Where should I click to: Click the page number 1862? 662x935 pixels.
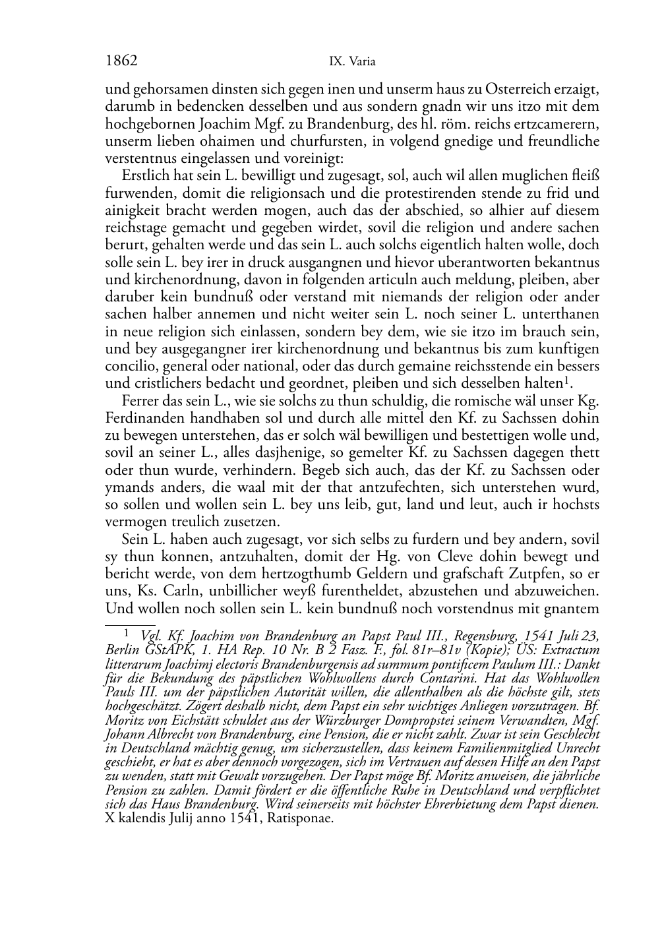[x=121, y=61]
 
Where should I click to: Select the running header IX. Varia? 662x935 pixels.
[x=352, y=62]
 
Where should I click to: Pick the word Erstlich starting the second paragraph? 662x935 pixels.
[x=145, y=176]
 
